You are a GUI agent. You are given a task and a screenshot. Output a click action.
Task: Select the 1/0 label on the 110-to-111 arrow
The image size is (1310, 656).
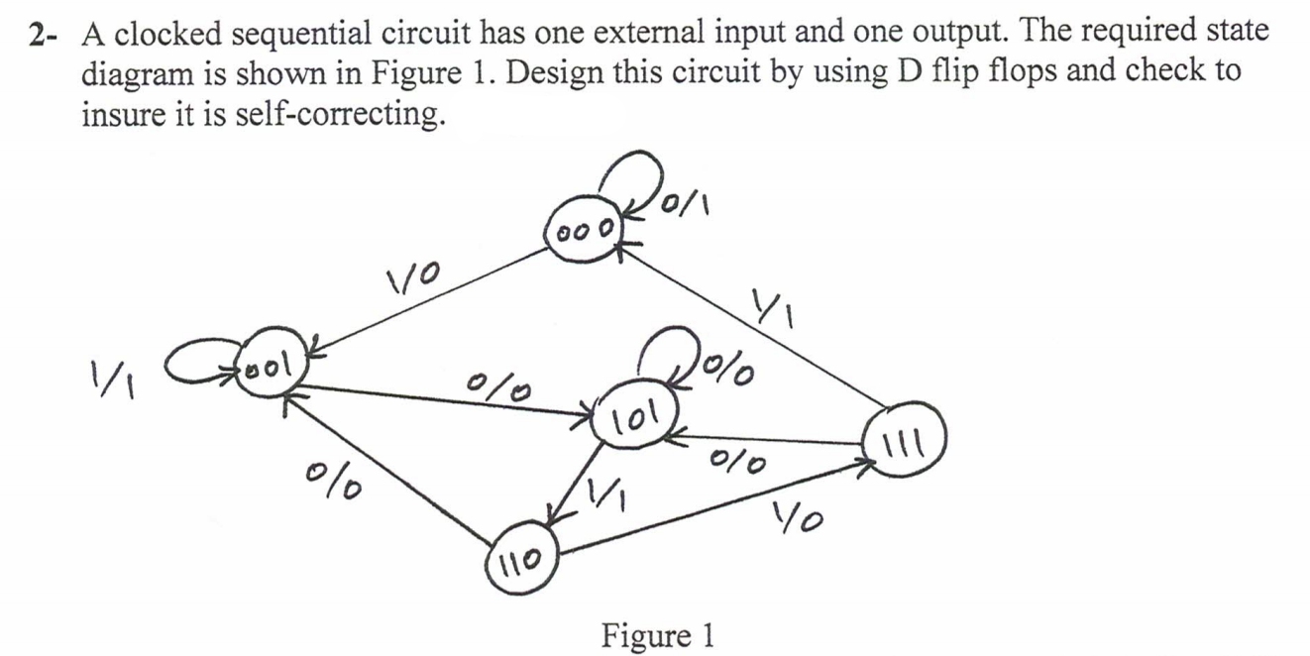tap(800, 515)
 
